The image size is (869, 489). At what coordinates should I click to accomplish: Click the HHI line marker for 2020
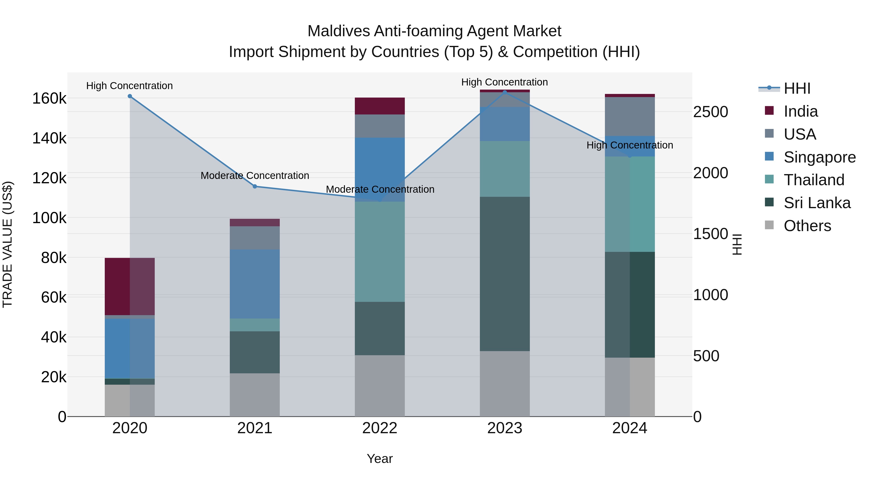(130, 96)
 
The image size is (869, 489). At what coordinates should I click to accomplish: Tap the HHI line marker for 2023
(505, 92)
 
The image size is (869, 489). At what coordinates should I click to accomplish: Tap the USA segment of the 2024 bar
(630, 116)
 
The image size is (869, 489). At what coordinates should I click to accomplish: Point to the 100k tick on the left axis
(49, 218)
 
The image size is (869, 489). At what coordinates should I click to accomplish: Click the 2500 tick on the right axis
(710, 112)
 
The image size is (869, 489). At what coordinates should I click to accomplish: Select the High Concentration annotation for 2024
(630, 145)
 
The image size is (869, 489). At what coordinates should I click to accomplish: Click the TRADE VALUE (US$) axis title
(7, 244)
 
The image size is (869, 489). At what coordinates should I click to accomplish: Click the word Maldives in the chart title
(338, 31)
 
